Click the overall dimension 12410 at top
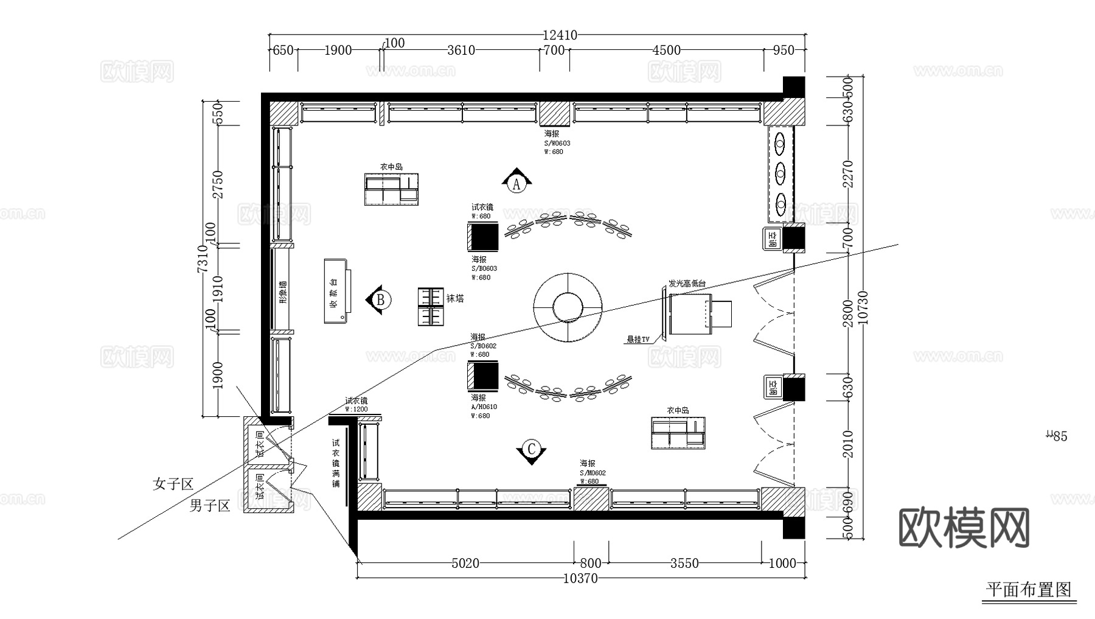click(560, 36)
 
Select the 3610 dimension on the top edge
click(461, 50)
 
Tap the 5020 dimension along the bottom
click(465, 564)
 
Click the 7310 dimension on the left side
click(203, 258)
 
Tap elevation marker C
click(531, 450)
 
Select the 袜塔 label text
click(455, 298)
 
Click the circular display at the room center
click(568, 307)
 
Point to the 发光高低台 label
click(687, 284)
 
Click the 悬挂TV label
click(638, 339)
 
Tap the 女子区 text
click(173, 484)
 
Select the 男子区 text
click(209, 505)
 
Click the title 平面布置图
click(1028, 590)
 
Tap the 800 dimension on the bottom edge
click(590, 564)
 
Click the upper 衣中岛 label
click(391, 167)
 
